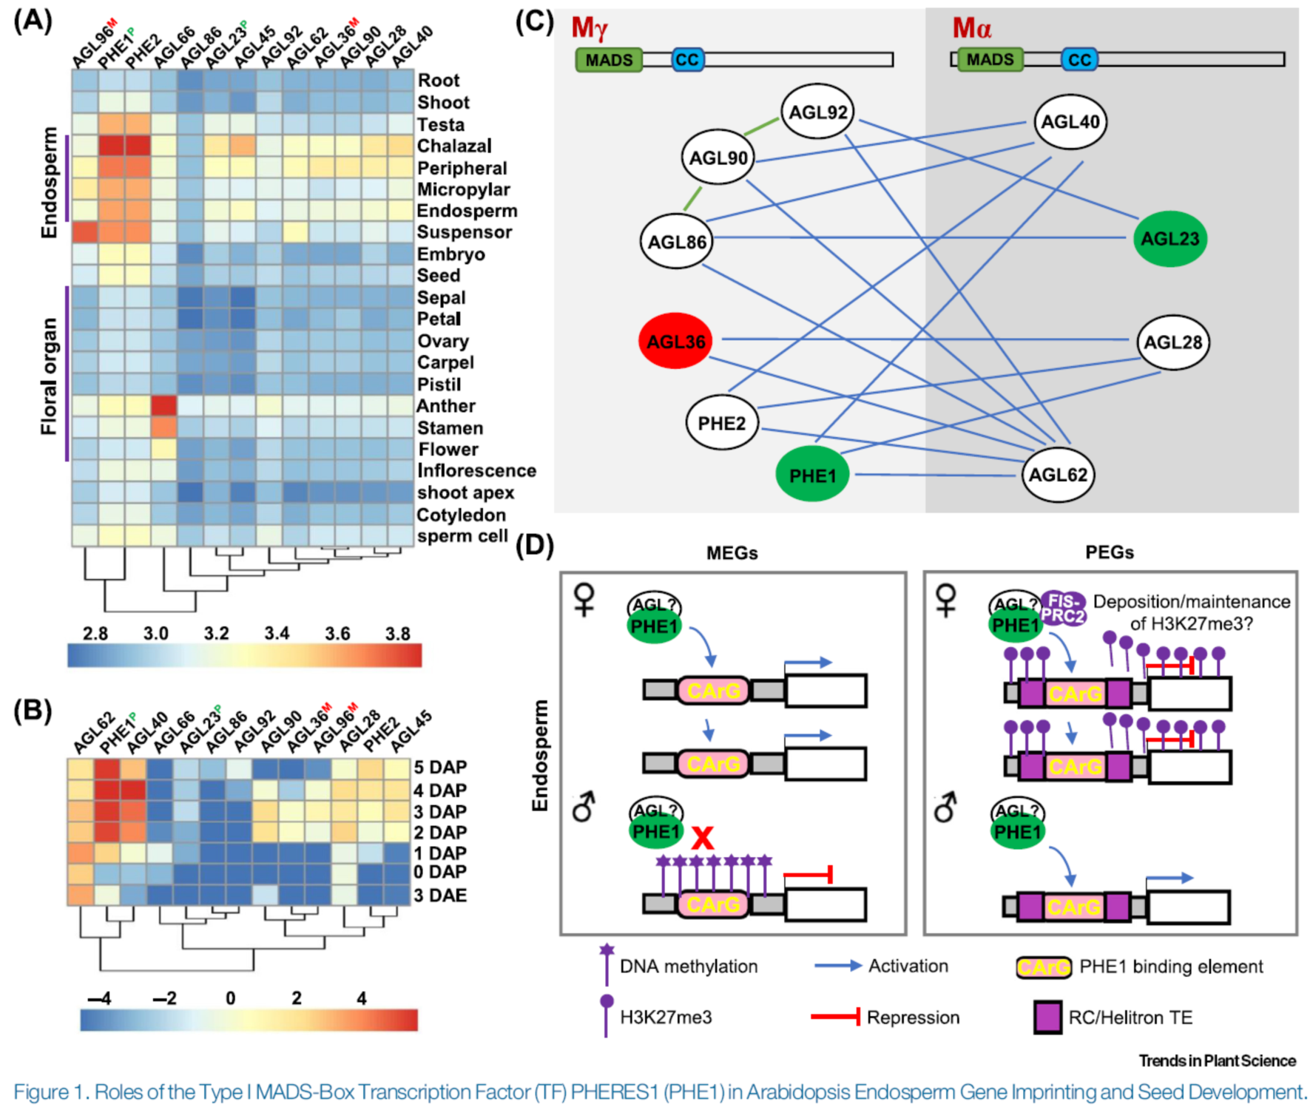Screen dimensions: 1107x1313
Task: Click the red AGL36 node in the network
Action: point(676,342)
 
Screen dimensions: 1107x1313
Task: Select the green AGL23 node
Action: point(1169,239)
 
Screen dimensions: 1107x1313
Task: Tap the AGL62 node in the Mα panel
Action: point(1058,475)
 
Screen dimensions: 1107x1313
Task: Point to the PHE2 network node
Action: point(722,423)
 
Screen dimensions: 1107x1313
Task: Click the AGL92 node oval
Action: point(817,112)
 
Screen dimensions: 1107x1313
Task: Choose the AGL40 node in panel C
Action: point(1070,122)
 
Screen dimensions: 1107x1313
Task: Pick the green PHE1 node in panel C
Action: point(811,475)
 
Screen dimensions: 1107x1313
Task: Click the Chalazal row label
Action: point(454,146)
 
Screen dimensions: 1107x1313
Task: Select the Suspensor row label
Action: point(464,232)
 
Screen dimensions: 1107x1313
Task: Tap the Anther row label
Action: point(445,406)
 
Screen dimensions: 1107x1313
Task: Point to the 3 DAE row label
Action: point(440,896)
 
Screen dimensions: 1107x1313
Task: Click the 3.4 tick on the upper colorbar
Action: point(277,634)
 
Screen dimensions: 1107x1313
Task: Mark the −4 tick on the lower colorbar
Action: point(99,998)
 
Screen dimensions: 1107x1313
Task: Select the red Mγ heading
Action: point(590,28)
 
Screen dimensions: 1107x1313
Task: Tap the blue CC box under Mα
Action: point(1079,60)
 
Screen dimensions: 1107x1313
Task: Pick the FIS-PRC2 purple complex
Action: point(1064,608)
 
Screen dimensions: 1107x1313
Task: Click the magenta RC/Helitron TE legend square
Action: point(1047,1018)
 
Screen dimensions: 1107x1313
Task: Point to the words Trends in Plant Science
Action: point(1217,1060)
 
